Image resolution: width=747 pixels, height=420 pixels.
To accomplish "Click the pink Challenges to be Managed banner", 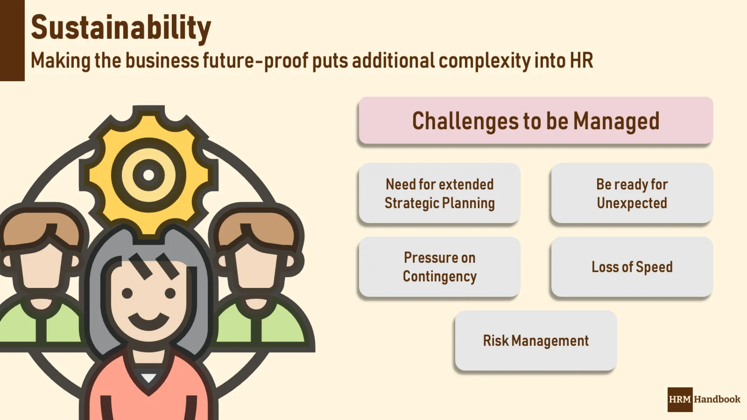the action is click(536, 120).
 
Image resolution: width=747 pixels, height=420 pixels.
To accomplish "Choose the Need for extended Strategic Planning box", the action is click(439, 193).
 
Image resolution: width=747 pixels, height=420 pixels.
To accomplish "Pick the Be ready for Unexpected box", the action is click(632, 193).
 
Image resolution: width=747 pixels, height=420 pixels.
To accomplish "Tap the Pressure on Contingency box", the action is click(439, 266).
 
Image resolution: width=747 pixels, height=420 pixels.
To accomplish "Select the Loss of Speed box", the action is click(632, 266).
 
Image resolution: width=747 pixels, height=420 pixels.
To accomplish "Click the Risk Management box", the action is click(536, 340).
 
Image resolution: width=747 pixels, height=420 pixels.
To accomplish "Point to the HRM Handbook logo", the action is click(704, 399).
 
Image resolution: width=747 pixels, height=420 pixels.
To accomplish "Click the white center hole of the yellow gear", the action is click(148, 175).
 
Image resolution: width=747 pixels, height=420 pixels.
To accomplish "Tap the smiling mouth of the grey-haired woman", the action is click(148, 321).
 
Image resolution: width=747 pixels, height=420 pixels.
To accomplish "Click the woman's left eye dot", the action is click(127, 294).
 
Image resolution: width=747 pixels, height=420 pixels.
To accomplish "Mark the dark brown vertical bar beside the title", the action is click(12, 40).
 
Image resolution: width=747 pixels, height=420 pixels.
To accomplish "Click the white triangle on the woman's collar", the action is click(148, 378).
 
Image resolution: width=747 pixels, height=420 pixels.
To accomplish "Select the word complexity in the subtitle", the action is click(484, 61).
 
